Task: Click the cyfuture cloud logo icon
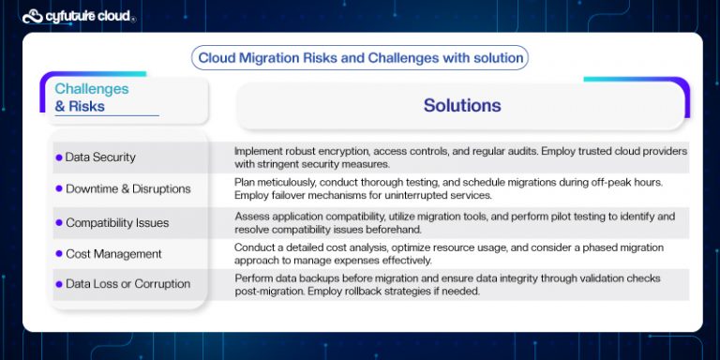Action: pos(33,15)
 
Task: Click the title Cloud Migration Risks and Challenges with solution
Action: pos(360,58)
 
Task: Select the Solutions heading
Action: pos(461,105)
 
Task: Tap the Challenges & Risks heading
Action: pos(92,97)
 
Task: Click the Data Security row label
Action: pos(100,157)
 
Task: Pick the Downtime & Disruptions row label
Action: pos(127,188)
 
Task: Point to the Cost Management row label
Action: pos(113,253)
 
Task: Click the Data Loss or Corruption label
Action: pos(127,284)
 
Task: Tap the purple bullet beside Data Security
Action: pos(58,157)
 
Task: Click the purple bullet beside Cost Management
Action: pos(58,253)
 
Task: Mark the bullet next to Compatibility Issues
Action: pos(58,223)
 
